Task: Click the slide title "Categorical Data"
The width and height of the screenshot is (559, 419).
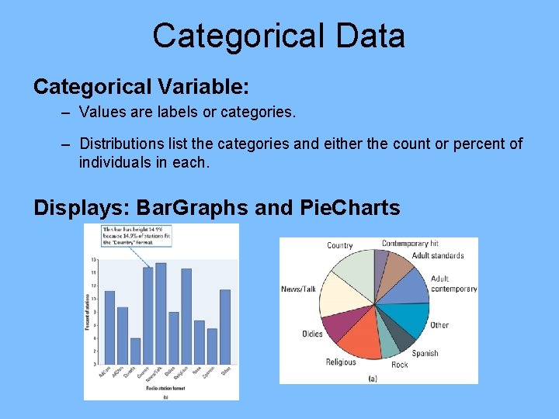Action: (279, 36)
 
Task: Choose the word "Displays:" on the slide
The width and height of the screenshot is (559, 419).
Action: (82, 208)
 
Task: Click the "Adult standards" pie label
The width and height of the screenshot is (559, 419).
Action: (438, 255)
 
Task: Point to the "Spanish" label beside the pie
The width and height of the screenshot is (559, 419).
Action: (425, 353)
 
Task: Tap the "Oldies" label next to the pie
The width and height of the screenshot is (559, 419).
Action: (312, 334)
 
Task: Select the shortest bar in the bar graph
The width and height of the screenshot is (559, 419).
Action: (135, 350)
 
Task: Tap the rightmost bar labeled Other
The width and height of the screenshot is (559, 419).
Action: (225, 326)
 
